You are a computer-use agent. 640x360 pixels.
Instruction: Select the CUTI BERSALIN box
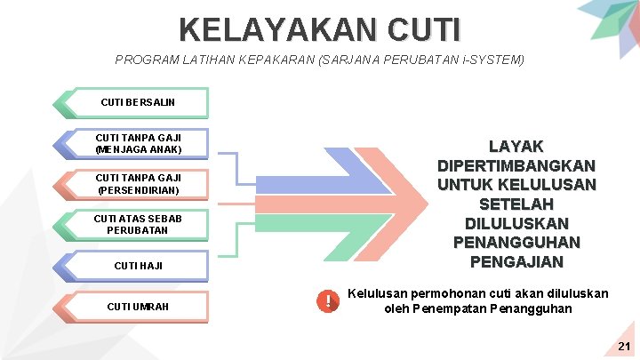click(x=139, y=103)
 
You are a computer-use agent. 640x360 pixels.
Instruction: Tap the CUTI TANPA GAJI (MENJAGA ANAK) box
click(x=139, y=144)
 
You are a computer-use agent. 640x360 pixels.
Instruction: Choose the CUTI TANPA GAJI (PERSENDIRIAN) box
click(x=139, y=185)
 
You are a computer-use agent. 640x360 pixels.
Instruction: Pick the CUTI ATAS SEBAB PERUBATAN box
click(x=139, y=225)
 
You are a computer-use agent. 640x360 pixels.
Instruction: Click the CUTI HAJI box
click(x=139, y=266)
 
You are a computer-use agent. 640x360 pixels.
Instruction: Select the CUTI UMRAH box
click(x=139, y=307)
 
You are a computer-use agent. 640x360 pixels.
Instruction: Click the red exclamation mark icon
click(x=328, y=302)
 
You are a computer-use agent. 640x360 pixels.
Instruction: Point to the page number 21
click(x=624, y=346)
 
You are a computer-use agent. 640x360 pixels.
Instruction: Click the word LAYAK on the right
click(x=516, y=147)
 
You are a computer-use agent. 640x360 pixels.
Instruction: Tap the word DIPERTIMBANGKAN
click(x=516, y=165)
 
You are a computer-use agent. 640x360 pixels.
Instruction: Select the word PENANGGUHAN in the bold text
click(x=516, y=242)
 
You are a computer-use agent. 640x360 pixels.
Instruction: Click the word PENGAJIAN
click(x=516, y=261)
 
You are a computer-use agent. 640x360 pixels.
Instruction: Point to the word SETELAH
click(x=516, y=204)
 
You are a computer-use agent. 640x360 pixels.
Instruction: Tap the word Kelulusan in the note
click(x=378, y=293)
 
